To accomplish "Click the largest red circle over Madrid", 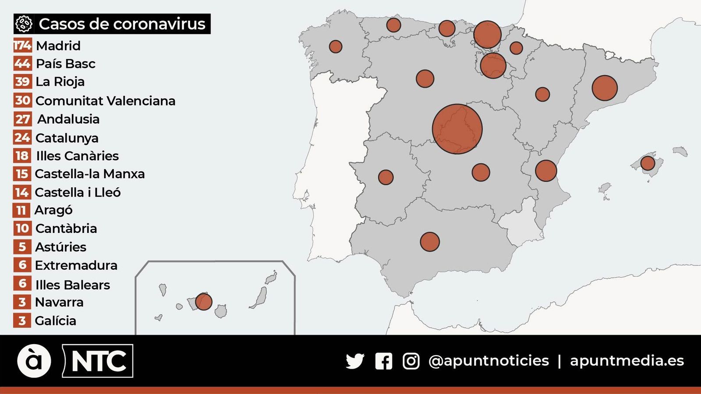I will pyautogui.click(x=457, y=129).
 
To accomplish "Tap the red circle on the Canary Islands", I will pyautogui.click(x=203, y=302).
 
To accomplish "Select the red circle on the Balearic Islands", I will pyautogui.click(x=648, y=163).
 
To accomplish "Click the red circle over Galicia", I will pyautogui.click(x=336, y=46).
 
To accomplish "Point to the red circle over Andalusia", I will pyautogui.click(x=429, y=242).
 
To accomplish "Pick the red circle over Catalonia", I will pyautogui.click(x=604, y=88).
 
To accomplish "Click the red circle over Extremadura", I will pyautogui.click(x=386, y=177).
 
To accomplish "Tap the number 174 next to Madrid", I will pyautogui.click(x=22, y=46).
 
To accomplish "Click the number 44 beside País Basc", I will pyautogui.click(x=22, y=64).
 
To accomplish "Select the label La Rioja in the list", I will pyautogui.click(x=60, y=82).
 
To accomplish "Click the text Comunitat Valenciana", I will pyautogui.click(x=105, y=101).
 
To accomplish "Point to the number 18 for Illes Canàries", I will pyautogui.click(x=22, y=156).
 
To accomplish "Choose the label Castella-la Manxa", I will pyautogui.click(x=89, y=174).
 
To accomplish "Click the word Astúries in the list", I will pyautogui.click(x=60, y=247).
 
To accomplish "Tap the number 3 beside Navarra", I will pyautogui.click(x=22, y=302).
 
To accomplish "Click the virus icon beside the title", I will pyautogui.click(x=24, y=24).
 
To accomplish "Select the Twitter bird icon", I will pyautogui.click(x=355, y=361).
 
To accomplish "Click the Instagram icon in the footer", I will pyautogui.click(x=411, y=361).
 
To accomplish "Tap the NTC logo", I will pyautogui.click(x=98, y=361).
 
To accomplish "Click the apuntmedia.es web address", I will pyautogui.click(x=627, y=361).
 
